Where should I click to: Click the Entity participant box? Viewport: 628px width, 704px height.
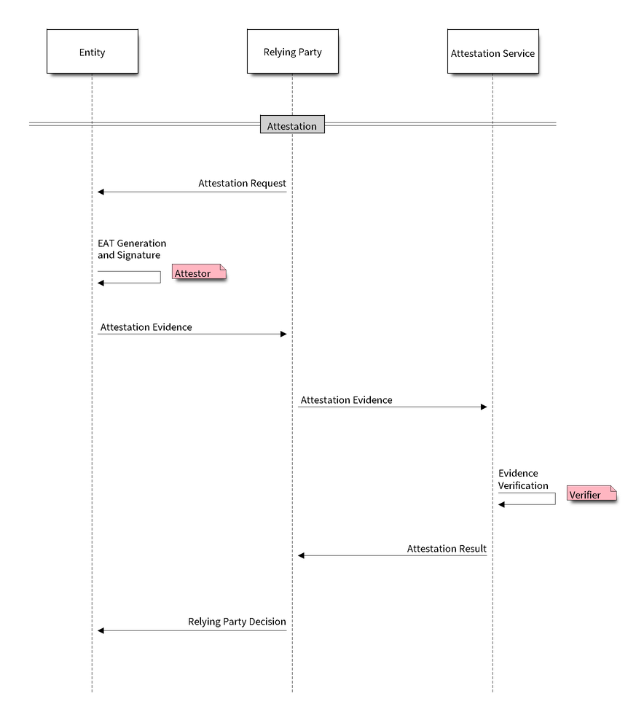pyautogui.click(x=92, y=52)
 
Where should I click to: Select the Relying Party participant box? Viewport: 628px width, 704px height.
pyautogui.click(x=292, y=52)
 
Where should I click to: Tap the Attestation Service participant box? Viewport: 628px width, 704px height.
pyautogui.click(x=492, y=52)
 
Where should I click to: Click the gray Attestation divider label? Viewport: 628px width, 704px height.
pyautogui.click(x=292, y=125)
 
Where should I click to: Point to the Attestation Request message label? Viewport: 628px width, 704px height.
pyautogui.click(x=241, y=183)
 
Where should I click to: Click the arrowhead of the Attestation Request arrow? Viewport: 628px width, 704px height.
pyautogui.click(x=102, y=192)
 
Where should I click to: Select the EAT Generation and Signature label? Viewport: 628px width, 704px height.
pyautogui.click(x=132, y=249)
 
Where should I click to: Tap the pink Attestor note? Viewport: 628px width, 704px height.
pyautogui.click(x=198, y=273)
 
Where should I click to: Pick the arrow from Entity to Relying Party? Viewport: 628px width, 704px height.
pyautogui.click(x=193, y=334)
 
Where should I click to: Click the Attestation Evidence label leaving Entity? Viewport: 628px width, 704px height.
pyautogui.click(x=146, y=326)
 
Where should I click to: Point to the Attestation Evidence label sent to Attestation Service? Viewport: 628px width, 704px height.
pyautogui.click(x=346, y=399)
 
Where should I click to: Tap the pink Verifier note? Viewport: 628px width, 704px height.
pyautogui.click(x=590, y=494)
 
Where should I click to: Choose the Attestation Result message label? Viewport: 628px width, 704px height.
pyautogui.click(x=446, y=547)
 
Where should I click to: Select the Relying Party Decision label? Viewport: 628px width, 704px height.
pyautogui.click(x=237, y=622)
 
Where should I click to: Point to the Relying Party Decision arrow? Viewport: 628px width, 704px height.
pyautogui.click(x=193, y=630)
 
